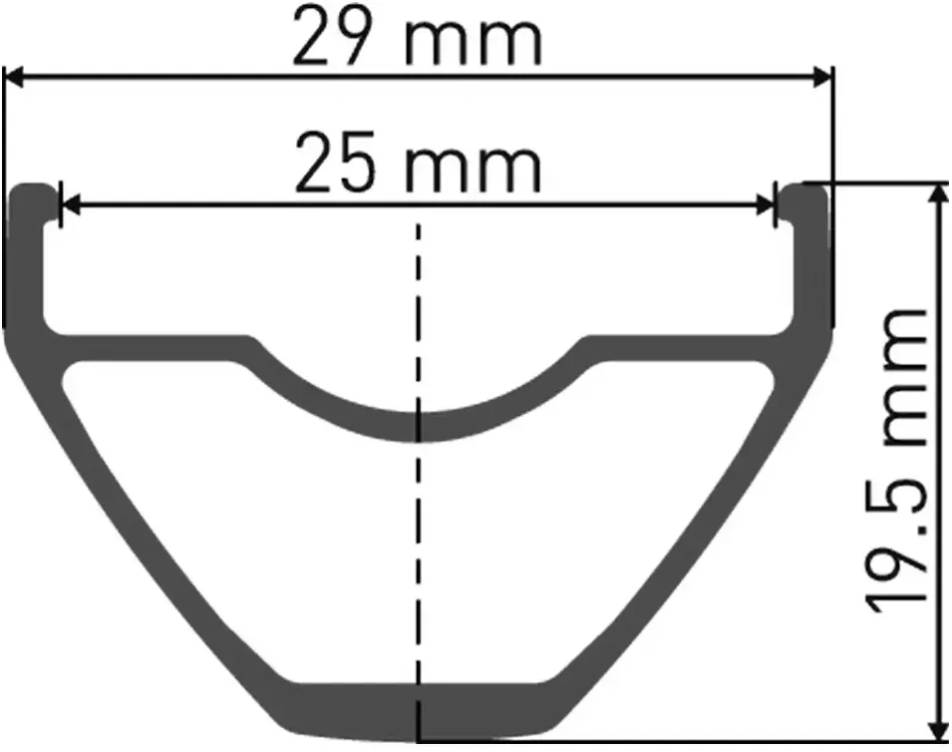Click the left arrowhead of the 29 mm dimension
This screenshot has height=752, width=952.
point(14,77)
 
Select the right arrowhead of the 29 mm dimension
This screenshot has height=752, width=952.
point(821,77)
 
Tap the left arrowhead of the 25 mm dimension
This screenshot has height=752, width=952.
point(71,205)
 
